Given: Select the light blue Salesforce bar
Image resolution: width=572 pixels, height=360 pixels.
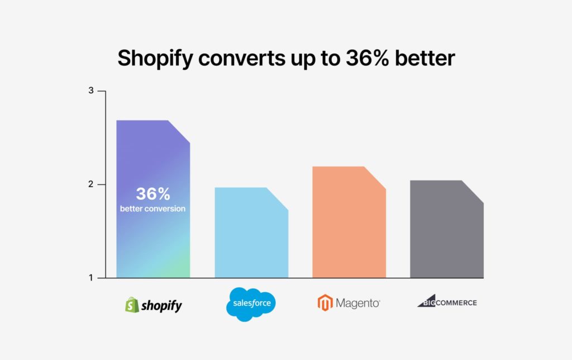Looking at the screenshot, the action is click(x=251, y=233).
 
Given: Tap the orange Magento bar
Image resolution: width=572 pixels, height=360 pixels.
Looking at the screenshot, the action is click(x=349, y=222).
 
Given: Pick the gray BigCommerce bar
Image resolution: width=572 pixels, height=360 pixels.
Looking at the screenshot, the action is click(x=447, y=229).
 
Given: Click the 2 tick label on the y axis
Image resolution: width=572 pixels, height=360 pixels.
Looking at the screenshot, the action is click(x=91, y=184).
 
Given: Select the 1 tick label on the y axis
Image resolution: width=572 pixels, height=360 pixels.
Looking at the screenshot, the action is click(x=91, y=278).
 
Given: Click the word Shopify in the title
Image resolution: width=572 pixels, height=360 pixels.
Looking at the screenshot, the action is click(x=155, y=58).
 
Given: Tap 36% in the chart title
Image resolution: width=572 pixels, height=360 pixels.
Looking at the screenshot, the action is click(x=368, y=58).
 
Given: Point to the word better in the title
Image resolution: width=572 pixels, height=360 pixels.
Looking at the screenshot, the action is click(x=425, y=58).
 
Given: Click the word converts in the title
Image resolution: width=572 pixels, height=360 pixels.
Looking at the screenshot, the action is click(x=242, y=58).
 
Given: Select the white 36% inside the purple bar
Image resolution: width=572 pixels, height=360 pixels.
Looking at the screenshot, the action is click(x=153, y=194).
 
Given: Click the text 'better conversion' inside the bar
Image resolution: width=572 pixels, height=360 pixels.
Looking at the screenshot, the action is click(x=152, y=209).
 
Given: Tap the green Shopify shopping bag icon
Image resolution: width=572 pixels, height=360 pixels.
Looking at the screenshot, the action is click(x=132, y=305).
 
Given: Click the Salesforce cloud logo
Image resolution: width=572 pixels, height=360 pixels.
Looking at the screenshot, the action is click(x=251, y=304).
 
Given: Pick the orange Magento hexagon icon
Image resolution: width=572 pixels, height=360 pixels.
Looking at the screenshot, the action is click(x=325, y=302).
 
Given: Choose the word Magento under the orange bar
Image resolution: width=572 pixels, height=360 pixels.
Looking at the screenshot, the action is click(x=358, y=303).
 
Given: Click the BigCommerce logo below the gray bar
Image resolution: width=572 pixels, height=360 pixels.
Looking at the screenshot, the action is click(x=447, y=301).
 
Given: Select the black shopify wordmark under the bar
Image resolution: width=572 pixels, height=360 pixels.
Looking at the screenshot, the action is click(x=161, y=306).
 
